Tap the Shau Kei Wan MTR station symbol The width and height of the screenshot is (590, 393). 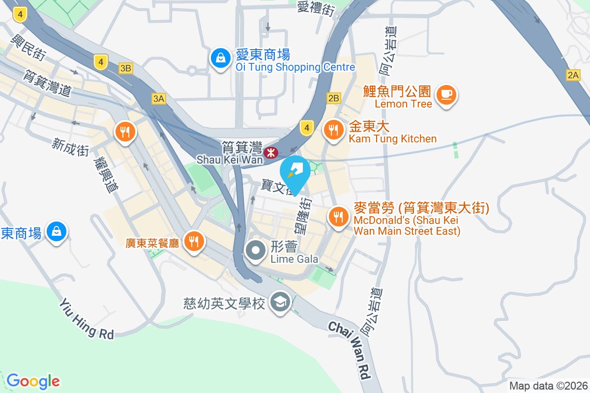coord(270,153)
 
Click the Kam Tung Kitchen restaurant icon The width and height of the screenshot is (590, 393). coord(334,130)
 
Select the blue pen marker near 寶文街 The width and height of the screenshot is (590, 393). coord(295,171)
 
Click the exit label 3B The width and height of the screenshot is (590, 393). coord(125,68)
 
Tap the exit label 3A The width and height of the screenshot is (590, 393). coord(158,99)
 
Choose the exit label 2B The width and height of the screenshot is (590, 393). coord(333,99)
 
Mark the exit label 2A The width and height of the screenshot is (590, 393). coord(573,75)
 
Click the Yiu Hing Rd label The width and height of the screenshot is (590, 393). coord(87,318)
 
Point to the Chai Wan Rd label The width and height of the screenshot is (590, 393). coord(350,350)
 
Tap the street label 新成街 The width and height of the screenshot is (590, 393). coord(71,147)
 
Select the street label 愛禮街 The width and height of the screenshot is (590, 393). coord(316,8)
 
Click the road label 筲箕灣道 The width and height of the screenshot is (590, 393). coord(47,82)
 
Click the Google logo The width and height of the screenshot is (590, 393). coord(33,381)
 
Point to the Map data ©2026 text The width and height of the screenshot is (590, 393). coord(548,386)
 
